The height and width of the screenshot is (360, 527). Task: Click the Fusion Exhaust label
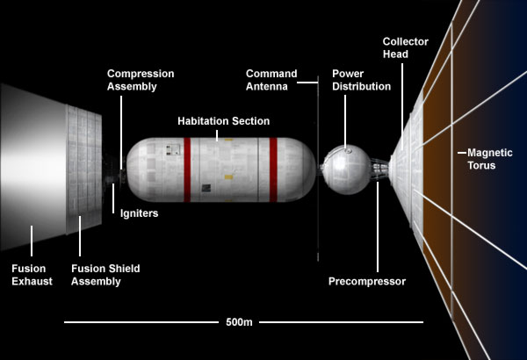point(32,275)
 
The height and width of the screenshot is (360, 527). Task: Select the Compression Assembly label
point(141,80)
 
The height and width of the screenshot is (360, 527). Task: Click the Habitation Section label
point(223,120)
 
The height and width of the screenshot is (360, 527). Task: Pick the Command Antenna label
point(271,80)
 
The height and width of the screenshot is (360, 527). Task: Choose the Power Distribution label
point(360,80)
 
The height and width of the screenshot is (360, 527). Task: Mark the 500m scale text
point(239,322)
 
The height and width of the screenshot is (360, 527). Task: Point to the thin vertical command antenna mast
point(317,176)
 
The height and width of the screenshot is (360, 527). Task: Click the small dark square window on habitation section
point(205,187)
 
